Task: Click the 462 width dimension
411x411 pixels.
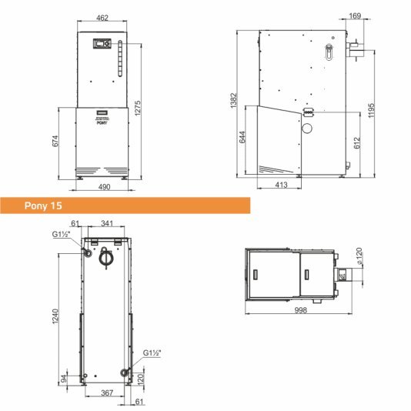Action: (102, 18)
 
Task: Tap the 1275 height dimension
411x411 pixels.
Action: (138, 108)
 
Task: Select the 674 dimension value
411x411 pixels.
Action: (55, 141)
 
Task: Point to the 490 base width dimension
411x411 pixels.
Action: (105, 187)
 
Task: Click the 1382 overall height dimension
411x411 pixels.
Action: (233, 100)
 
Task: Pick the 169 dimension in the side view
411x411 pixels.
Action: (355, 15)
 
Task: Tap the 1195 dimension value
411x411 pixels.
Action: (371, 110)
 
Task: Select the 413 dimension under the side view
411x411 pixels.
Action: (281, 185)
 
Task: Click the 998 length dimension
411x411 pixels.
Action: (300, 310)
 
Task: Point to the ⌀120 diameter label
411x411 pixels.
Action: (359, 256)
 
